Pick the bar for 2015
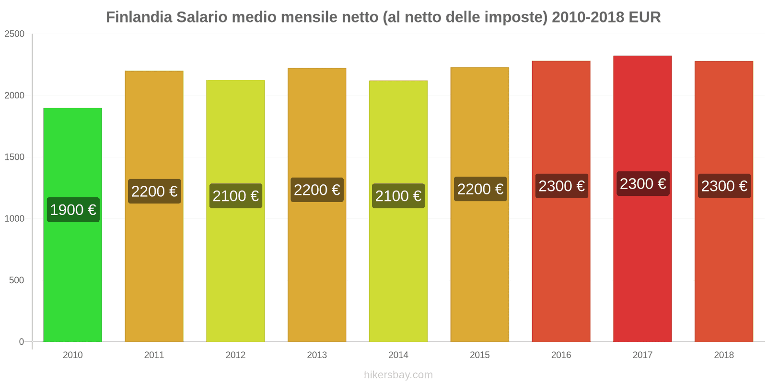click(x=479, y=269)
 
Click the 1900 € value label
click(x=73, y=210)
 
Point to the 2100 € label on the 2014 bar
click(x=398, y=196)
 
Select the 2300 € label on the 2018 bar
click(x=724, y=186)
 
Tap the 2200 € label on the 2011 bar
click(x=154, y=192)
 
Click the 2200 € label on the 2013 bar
click(x=317, y=190)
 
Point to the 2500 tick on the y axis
click(x=14, y=34)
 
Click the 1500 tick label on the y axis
click(x=14, y=157)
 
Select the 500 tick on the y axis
click(x=16, y=280)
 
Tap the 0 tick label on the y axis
click(x=21, y=342)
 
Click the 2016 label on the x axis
click(x=561, y=355)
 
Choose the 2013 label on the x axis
click(x=317, y=355)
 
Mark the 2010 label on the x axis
click(x=72, y=355)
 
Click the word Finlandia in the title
click(x=139, y=17)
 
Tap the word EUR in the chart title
click(x=644, y=17)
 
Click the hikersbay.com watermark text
click(x=398, y=375)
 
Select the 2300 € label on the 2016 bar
click(x=561, y=186)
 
